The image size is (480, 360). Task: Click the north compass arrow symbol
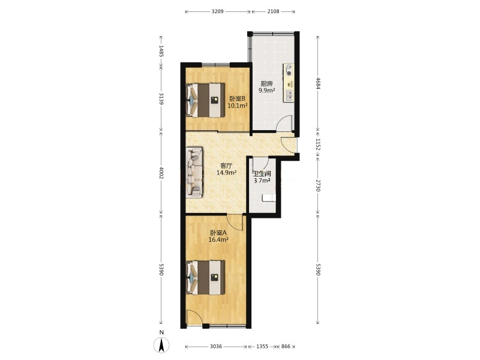161,346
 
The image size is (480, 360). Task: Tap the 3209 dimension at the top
218,11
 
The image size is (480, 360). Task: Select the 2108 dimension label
273,11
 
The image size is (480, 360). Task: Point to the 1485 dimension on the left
161,51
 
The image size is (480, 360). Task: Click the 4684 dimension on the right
318,83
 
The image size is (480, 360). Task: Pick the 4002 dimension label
161,173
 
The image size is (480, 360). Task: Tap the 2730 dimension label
318,185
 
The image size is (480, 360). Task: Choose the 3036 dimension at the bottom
216,347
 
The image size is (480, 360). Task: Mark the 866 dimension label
286,347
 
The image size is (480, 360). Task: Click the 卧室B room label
237,98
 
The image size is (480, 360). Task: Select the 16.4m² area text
218,239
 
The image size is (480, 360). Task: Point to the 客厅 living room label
226,166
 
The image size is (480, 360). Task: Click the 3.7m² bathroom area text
262,181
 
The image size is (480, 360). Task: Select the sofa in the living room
194,172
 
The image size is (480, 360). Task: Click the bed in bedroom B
205,100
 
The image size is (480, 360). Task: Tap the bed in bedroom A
205,277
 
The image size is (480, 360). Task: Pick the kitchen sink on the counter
289,96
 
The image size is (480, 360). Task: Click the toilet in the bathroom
269,198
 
